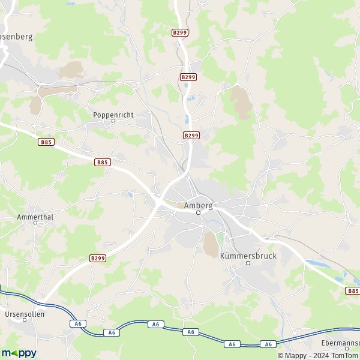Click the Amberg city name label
[x=198, y=205]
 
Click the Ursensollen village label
[x=25, y=313]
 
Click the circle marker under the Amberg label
[x=198, y=212]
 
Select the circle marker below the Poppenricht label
[x=113, y=121]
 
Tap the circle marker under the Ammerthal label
[x=35, y=222]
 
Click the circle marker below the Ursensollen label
[x=25, y=320]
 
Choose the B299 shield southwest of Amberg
[x=98, y=258]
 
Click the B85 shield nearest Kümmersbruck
[x=353, y=290]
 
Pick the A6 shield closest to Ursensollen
[x=77, y=323]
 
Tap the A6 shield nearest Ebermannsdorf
[x=268, y=344]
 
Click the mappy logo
[x=19, y=353]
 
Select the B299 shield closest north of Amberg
[x=191, y=136]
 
